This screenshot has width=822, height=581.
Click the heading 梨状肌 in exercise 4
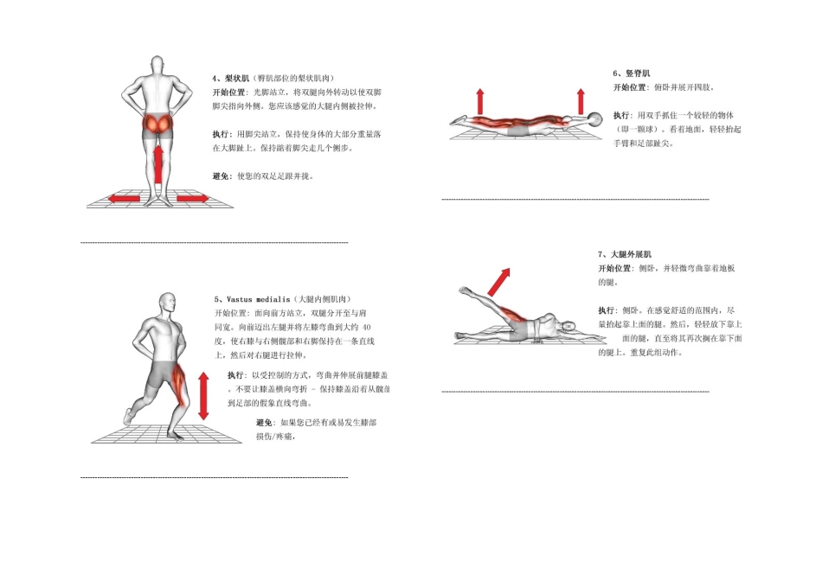236,78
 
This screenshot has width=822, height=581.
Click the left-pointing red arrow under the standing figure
124,199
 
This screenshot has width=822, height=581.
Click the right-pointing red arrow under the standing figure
192,199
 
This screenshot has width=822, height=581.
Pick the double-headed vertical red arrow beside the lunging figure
203,395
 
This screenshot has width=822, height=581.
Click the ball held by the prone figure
594,119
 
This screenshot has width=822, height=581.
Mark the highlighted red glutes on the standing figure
158,124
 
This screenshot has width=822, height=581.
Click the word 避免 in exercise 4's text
222,176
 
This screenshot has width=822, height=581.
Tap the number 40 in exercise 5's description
367,328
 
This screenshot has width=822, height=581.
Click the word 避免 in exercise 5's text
265,422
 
